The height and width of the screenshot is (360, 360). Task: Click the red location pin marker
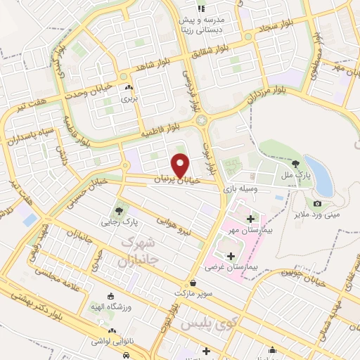(182, 164)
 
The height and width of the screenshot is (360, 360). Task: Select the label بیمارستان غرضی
(230, 267)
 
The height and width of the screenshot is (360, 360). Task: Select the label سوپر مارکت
(194, 291)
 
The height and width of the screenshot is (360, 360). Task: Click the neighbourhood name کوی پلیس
(200, 326)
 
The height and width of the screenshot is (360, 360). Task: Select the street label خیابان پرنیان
(176, 181)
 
